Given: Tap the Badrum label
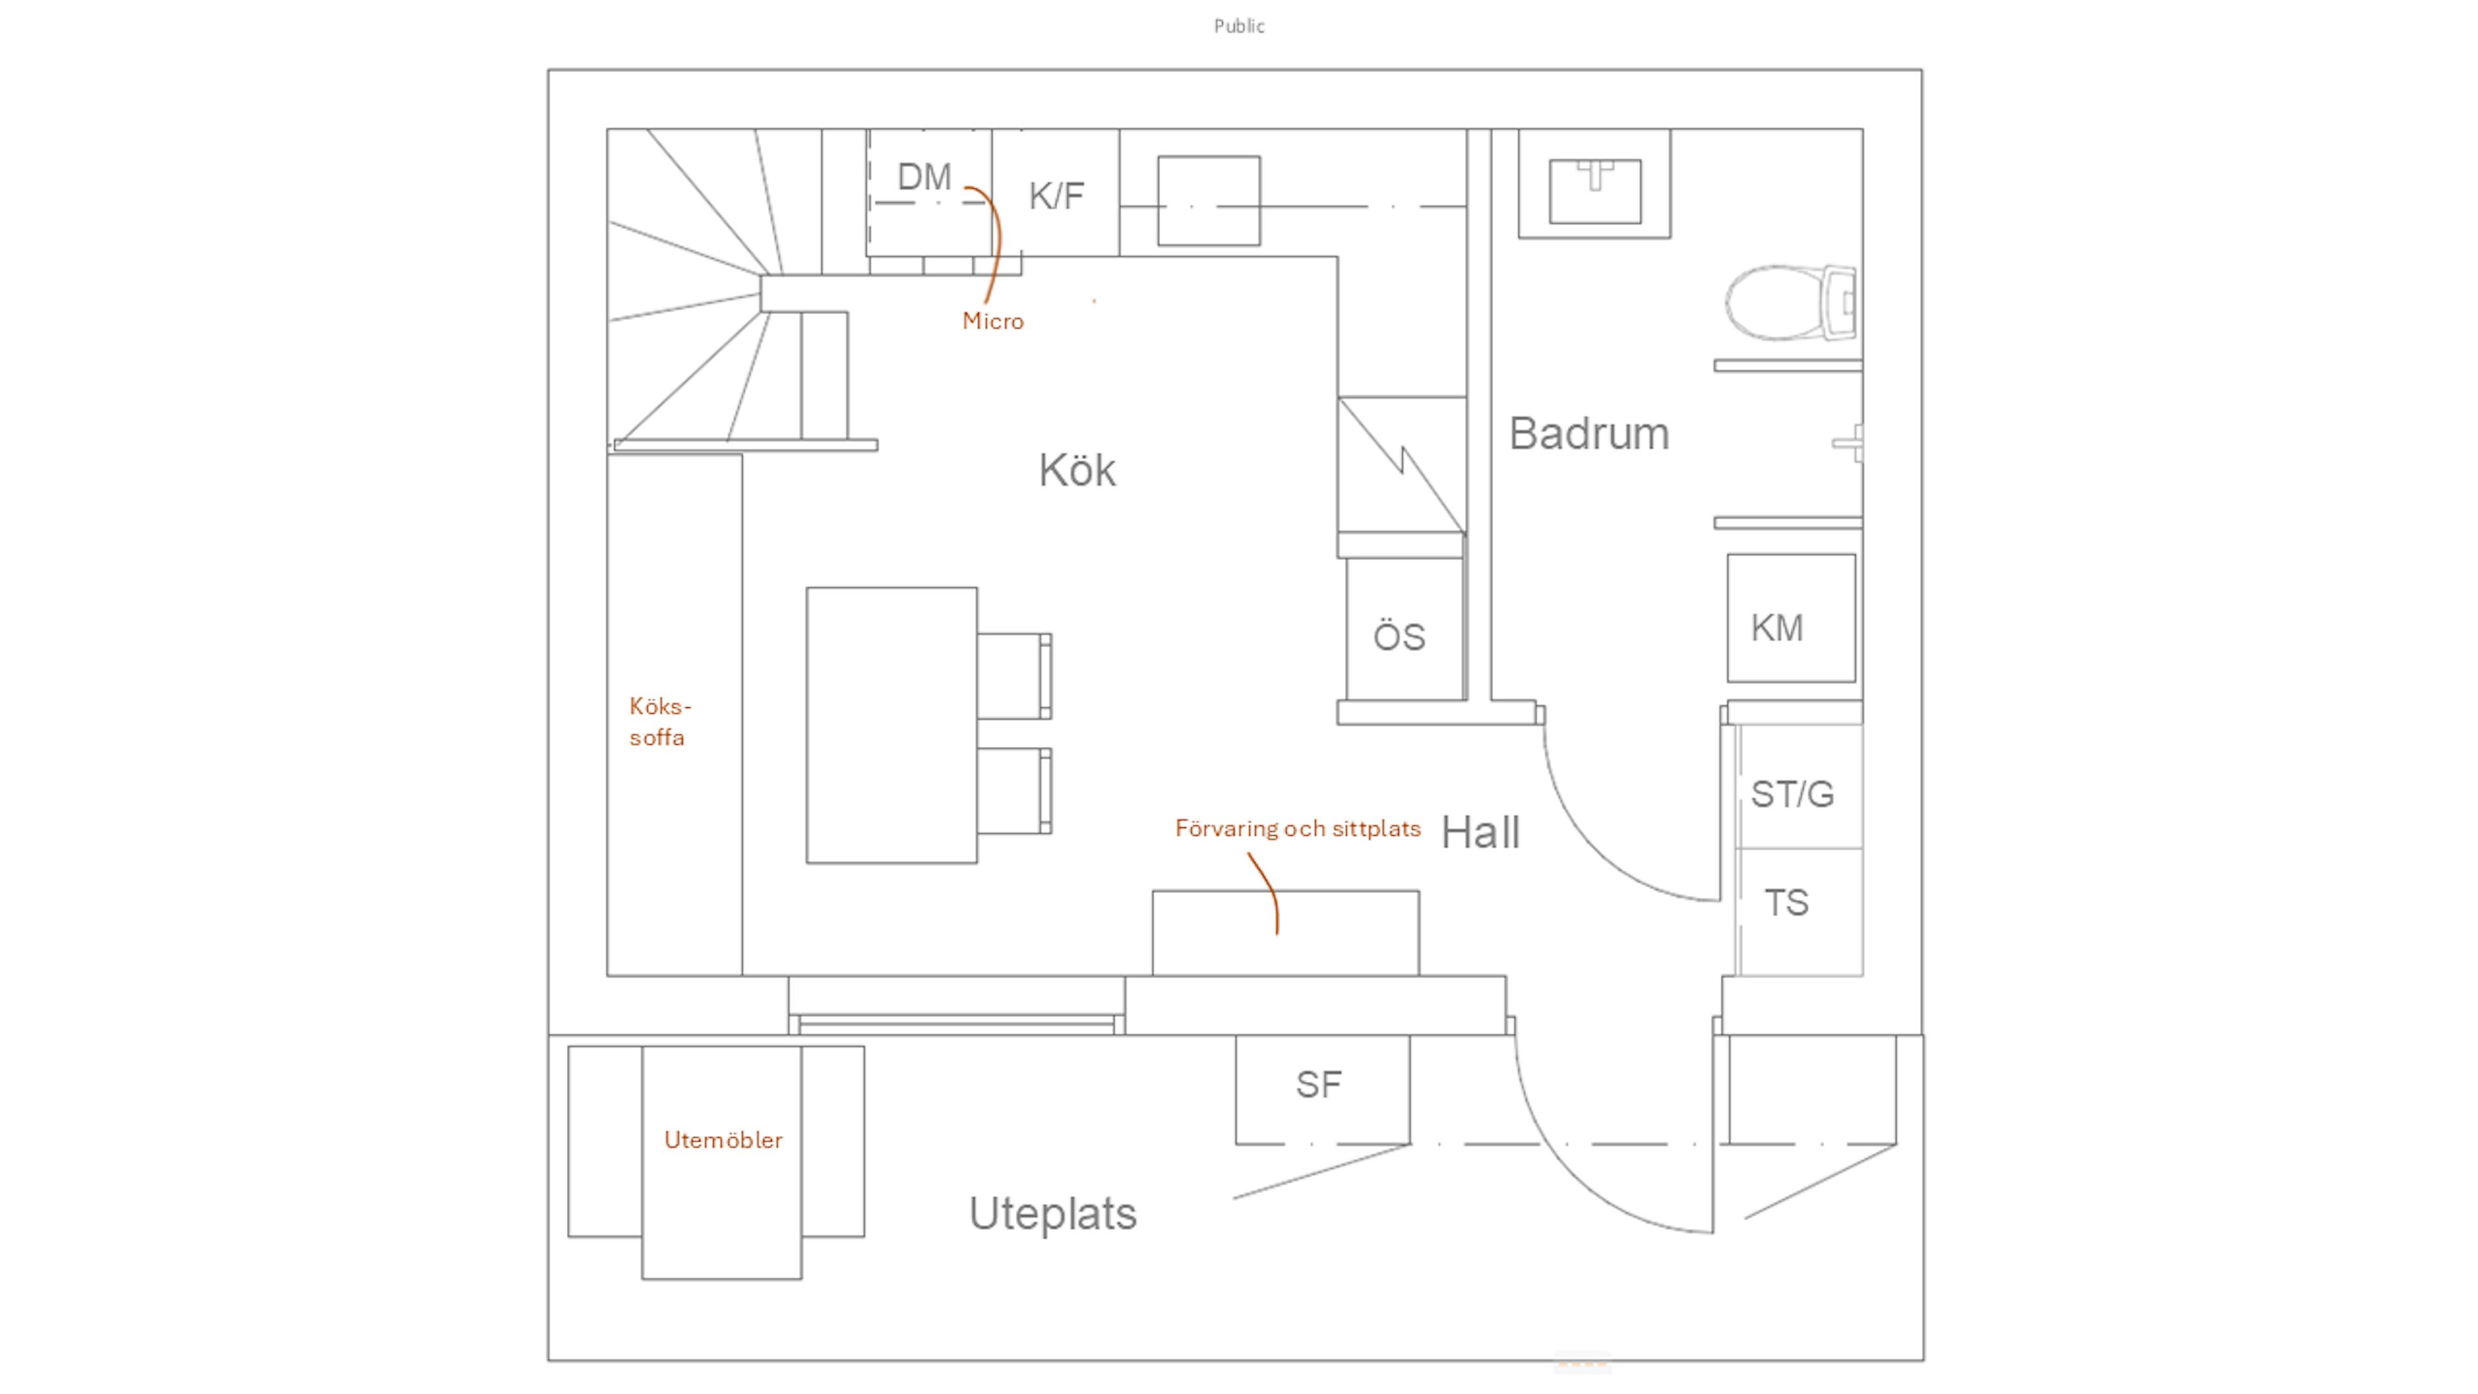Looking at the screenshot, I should pyautogui.click(x=1588, y=434).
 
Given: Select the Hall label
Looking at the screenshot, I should pyautogui.click(x=1480, y=832).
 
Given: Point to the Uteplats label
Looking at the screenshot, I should pyautogui.click(x=1053, y=1214).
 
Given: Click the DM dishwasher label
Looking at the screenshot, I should pyautogui.click(x=923, y=177).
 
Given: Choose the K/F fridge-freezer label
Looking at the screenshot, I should pyautogui.click(x=1056, y=196).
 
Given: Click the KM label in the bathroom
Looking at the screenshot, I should pyautogui.click(x=1777, y=628).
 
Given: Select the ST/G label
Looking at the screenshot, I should pyautogui.click(x=1792, y=794).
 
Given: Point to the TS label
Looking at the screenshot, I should pyautogui.click(x=1786, y=902).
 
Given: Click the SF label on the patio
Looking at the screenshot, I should pyautogui.click(x=1318, y=1085).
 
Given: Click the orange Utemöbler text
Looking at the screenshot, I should pyautogui.click(x=723, y=1140).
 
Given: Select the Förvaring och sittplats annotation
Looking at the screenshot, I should pyautogui.click(x=1296, y=828).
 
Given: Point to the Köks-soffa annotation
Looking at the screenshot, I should pyautogui.click(x=659, y=722).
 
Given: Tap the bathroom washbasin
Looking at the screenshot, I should pyautogui.click(x=1594, y=190).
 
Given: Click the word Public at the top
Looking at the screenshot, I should pyautogui.click(x=1239, y=26).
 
